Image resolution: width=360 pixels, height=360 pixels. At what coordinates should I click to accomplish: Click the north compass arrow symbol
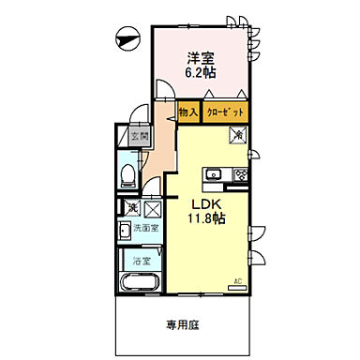(x=126, y=38)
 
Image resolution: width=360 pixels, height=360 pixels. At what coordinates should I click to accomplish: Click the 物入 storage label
(x=188, y=112)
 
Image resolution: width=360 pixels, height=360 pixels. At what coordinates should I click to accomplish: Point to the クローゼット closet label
(x=227, y=112)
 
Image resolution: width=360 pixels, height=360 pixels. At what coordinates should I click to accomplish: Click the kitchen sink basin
(x=214, y=173)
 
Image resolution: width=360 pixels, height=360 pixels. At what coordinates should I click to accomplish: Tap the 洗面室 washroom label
(x=143, y=228)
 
